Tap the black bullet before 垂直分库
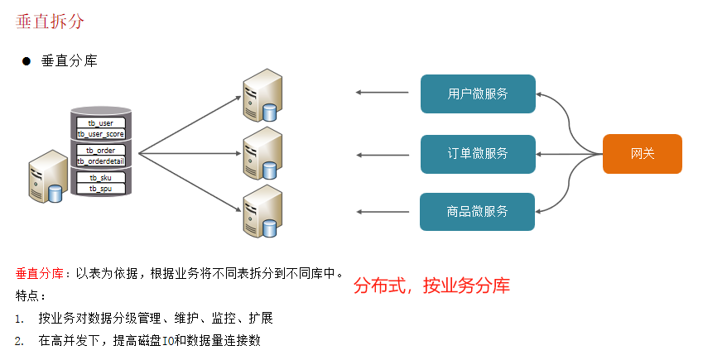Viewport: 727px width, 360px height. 26,61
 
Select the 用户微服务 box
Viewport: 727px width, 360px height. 478,94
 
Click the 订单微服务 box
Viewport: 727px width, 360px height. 478,153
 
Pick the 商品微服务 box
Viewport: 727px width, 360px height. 478,211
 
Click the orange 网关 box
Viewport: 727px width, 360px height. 643,153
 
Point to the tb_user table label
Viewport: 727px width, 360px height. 101,123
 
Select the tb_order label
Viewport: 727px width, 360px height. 101,151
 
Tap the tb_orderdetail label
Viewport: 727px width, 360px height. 101,161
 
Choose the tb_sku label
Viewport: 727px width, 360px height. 101,178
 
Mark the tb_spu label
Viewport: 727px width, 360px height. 101,189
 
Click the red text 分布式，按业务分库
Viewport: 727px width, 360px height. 431,286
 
